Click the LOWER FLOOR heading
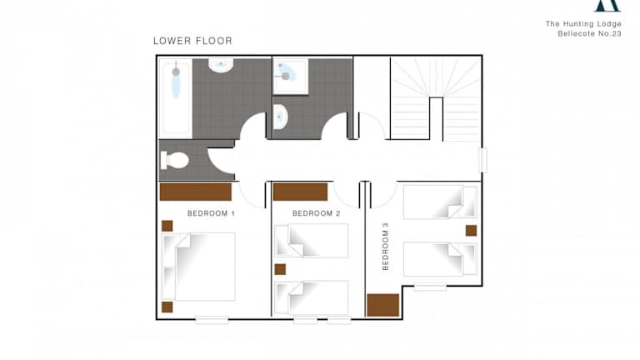192,41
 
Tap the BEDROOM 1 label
211,213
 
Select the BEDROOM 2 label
317,213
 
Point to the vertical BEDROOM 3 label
386,247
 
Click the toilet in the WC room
174,160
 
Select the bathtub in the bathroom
176,97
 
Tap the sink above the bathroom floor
221,65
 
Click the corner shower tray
290,77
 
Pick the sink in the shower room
280,117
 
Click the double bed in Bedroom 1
198,267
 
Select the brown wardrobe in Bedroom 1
196,192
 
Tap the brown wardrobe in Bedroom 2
300,192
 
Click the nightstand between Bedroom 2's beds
280,269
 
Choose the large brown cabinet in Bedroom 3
382,305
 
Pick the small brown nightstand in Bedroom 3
471,231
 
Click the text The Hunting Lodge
583,23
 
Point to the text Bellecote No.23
589,34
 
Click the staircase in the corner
436,99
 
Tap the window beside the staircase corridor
482,160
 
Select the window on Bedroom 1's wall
212,320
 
